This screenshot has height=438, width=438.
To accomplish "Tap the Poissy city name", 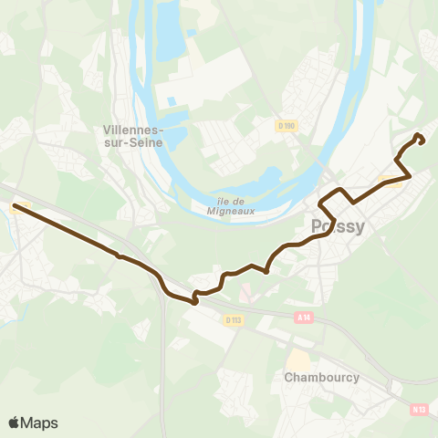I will [x=338, y=227].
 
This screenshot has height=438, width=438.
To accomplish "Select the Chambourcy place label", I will [x=322, y=377].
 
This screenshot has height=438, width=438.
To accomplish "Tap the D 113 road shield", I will [x=234, y=319].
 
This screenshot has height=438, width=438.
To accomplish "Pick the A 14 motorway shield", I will [x=304, y=317].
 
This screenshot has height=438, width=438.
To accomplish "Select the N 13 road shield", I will [x=419, y=410].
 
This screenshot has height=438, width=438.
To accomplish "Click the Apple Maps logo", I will [x=33, y=422].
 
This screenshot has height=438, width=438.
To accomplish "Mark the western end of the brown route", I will [x=15, y=206].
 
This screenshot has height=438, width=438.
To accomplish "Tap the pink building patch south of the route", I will [x=246, y=295].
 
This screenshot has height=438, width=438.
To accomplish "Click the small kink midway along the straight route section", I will [x=119, y=256].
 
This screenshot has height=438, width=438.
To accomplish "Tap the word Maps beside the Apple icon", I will [x=40, y=422].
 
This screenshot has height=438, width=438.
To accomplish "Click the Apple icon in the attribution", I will [x=15, y=422].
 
